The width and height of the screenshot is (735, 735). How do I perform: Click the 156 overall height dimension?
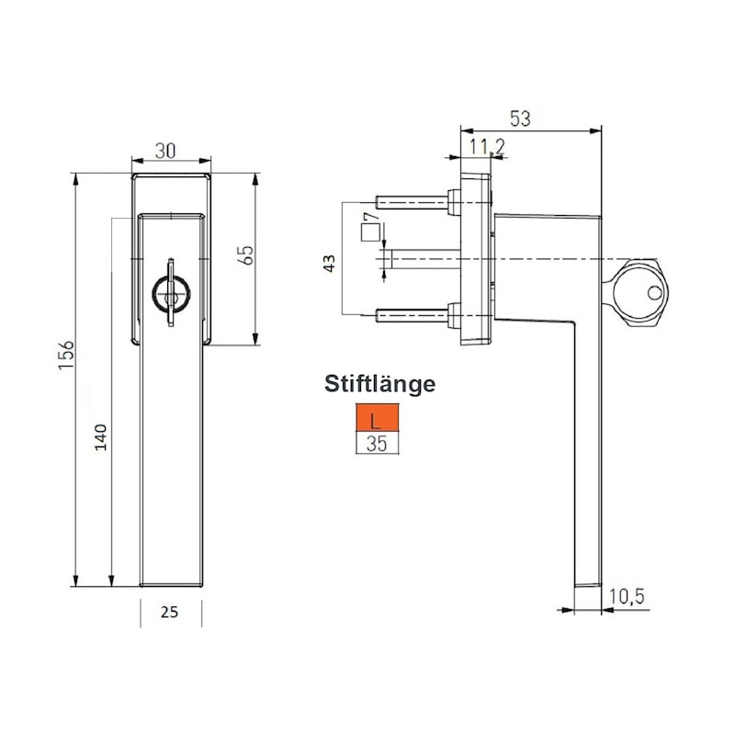[x=66, y=355]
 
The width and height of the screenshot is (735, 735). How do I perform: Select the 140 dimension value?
[x=101, y=437]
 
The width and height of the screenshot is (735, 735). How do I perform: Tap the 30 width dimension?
[x=165, y=151]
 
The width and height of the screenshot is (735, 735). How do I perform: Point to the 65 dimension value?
[x=247, y=255]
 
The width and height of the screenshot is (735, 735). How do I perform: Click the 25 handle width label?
[x=169, y=612]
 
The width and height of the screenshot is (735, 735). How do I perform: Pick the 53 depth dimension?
[x=520, y=119]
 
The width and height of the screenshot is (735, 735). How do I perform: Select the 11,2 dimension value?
[x=488, y=147]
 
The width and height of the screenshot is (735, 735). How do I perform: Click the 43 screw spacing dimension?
[x=330, y=263]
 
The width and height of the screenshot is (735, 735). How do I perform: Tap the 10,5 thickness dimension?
[x=628, y=596]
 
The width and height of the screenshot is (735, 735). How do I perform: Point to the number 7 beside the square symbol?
[x=371, y=218]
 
